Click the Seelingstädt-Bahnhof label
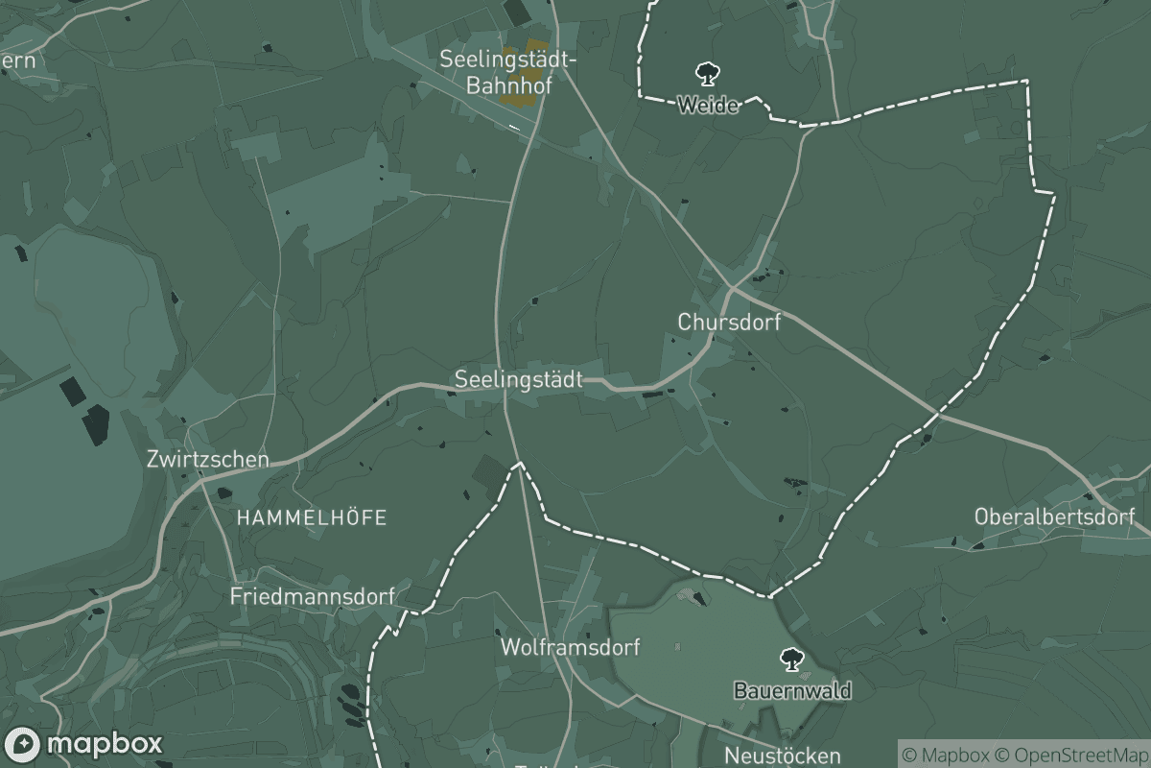point(508,71)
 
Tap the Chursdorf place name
point(729,323)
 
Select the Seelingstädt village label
point(519,379)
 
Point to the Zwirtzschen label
point(208,459)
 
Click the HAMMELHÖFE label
point(312,518)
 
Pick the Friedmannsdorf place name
point(312,596)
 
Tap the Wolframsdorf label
point(570,647)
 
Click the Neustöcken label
point(783,756)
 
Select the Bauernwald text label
point(791,690)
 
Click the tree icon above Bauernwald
point(791,660)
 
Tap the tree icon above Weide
point(708,73)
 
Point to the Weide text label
point(708,105)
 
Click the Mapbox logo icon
point(22,744)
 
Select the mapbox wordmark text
point(104,744)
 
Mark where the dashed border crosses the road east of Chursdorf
point(939,415)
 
